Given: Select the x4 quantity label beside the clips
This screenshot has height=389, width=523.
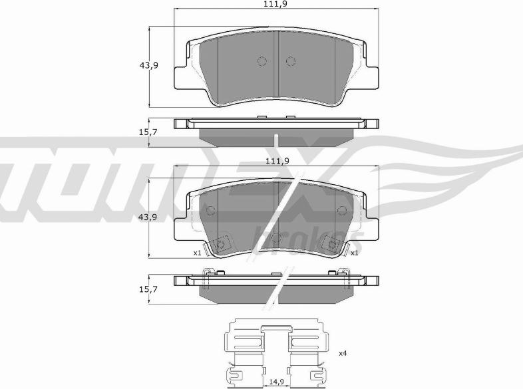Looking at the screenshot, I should point(343,353).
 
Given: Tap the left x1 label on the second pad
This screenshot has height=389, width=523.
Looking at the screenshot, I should point(197,253).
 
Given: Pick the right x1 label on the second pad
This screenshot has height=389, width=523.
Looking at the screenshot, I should point(355,253).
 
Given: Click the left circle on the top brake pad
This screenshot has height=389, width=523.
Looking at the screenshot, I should point(261,61).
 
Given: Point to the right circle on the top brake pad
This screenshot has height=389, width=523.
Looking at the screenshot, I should point(290,61).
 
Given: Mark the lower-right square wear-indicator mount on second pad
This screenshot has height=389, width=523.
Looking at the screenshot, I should point(330,244).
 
